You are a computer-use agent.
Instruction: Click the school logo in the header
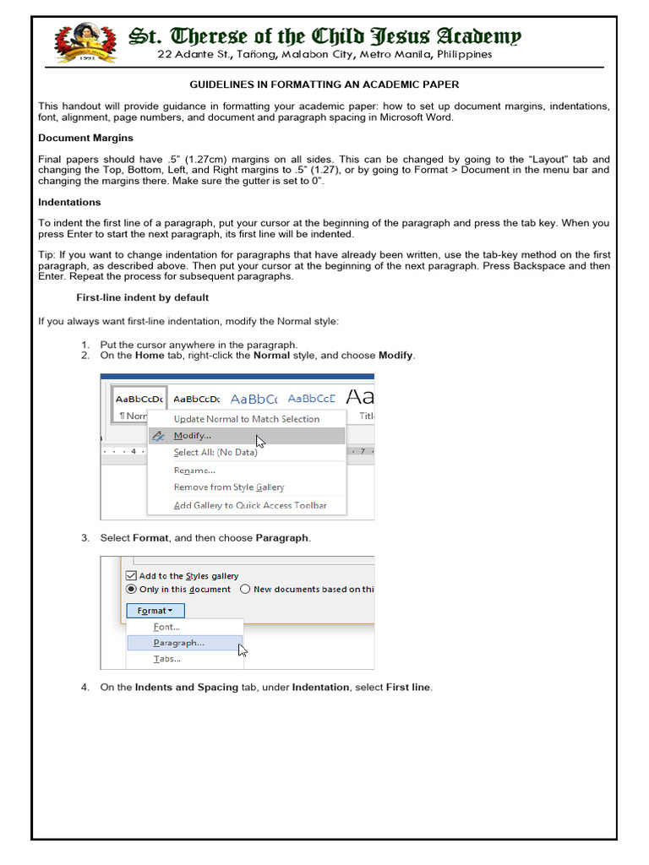(85, 42)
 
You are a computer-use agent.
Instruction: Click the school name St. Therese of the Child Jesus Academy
(324, 36)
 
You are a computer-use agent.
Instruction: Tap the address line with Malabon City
(324, 55)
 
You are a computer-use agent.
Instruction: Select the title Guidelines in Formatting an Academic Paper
(324, 85)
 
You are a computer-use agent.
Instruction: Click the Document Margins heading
(85, 138)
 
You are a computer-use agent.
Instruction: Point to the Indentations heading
(69, 202)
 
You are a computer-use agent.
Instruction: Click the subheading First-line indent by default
(143, 297)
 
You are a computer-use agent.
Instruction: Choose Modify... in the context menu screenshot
(193, 436)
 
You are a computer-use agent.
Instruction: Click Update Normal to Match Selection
(246, 419)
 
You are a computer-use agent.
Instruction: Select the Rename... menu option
(194, 471)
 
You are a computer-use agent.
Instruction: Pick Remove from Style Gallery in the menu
(228, 487)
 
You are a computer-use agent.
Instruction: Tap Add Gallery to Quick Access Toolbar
(249, 505)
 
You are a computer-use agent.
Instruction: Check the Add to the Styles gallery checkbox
(131, 576)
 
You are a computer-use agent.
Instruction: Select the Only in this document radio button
(131, 590)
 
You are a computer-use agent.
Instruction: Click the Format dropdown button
(155, 611)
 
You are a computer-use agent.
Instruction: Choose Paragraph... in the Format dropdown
(178, 643)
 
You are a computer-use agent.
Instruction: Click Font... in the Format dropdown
(166, 627)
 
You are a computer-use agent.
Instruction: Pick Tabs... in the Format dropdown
(166, 659)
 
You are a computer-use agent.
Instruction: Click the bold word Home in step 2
(149, 356)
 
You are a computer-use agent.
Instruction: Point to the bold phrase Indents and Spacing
(186, 688)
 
